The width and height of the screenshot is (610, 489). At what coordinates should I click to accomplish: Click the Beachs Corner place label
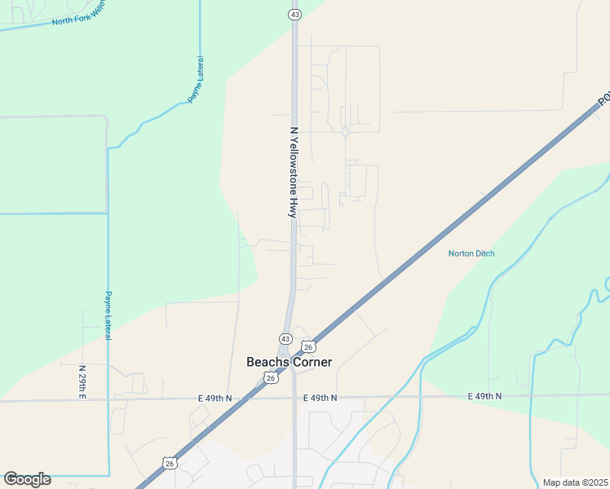[x=289, y=362]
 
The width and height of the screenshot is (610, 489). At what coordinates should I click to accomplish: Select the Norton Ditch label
[x=471, y=253]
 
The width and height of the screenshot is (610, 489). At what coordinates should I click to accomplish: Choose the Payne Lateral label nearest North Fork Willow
[x=196, y=79]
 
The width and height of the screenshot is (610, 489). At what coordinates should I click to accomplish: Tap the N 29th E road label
[x=82, y=382]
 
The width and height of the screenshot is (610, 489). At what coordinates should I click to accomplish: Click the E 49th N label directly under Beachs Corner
[x=320, y=398]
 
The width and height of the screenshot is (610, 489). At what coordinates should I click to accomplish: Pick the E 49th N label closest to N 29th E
[x=214, y=398]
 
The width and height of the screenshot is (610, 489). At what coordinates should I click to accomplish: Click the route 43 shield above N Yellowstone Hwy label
[x=294, y=15]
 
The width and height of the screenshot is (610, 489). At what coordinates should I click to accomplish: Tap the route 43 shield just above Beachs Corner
[x=285, y=338]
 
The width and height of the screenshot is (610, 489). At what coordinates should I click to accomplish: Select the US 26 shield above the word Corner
[x=307, y=346]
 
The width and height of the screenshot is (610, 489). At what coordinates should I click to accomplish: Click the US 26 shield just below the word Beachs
[x=271, y=377]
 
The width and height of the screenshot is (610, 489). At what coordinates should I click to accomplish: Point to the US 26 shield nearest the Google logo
[x=169, y=463]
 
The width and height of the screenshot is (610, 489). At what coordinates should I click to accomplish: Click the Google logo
[x=27, y=479]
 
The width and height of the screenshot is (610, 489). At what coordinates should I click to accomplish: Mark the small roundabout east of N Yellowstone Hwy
[x=346, y=132]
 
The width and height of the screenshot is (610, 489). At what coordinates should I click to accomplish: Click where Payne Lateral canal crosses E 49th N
[x=108, y=400]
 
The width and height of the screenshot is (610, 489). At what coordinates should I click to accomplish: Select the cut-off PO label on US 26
[x=603, y=99]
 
